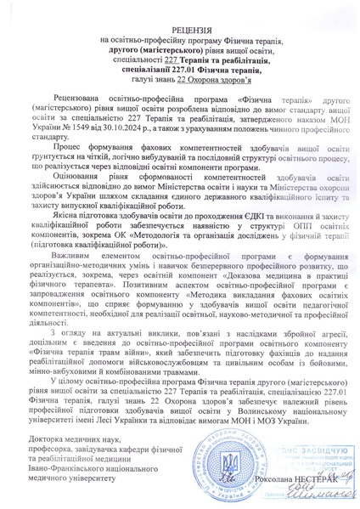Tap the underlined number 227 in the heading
coord(161,62)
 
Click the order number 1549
coord(90,144)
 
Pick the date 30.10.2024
coord(137,144)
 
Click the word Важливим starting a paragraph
coord(69,285)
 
